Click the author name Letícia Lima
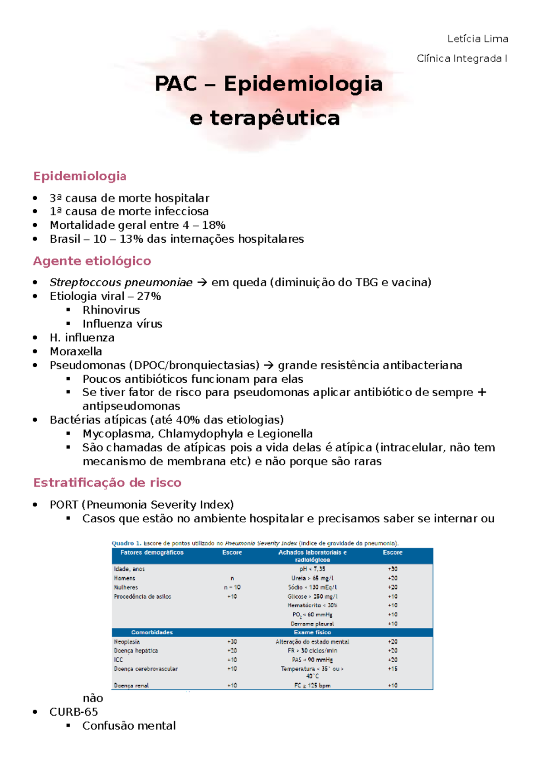(x=477, y=39)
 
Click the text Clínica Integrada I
(x=461, y=58)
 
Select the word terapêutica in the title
(x=275, y=118)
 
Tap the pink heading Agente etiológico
(x=92, y=261)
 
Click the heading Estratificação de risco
(x=107, y=483)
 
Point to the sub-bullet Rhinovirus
(x=111, y=310)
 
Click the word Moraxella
(x=76, y=351)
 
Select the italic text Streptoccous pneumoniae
(x=121, y=283)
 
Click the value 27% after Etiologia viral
(x=149, y=296)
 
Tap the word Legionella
(x=285, y=434)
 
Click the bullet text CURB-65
(x=73, y=712)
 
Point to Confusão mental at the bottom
(x=129, y=726)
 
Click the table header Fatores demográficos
(x=152, y=553)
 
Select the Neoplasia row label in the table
(x=127, y=642)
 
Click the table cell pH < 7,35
(x=312, y=569)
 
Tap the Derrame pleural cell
(x=312, y=624)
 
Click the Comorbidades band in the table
(x=152, y=632)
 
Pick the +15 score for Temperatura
(x=393, y=668)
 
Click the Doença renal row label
(x=131, y=685)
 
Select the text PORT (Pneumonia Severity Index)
(x=141, y=505)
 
